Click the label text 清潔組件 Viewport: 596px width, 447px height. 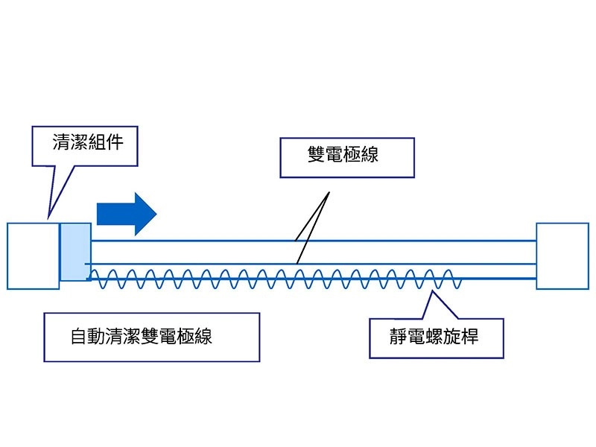coord(84,143)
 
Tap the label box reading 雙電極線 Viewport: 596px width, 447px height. coord(343,155)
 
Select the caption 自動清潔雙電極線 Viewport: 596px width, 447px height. coord(142,337)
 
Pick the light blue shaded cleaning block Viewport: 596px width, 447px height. coord(75,252)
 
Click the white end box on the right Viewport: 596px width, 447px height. coord(562,256)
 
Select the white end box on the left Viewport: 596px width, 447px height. coord(33,256)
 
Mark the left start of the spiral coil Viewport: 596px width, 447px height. coord(92,277)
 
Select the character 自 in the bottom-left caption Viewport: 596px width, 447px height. coord(78,337)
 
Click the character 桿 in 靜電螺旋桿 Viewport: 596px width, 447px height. coord(469,337)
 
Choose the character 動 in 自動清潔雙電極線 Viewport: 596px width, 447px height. coord(96,337)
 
